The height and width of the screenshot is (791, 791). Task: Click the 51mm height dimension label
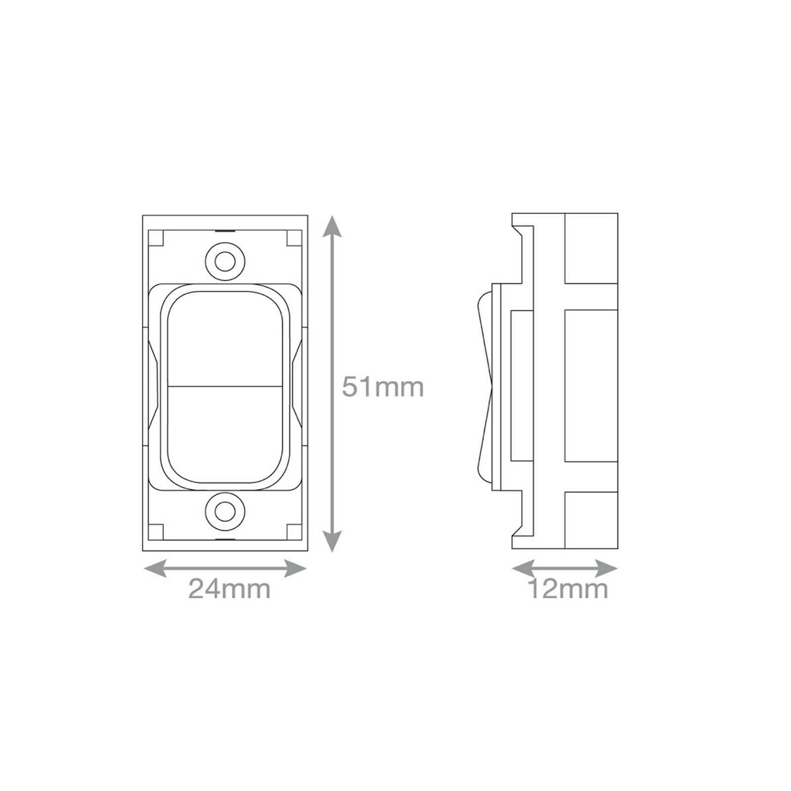point(383,388)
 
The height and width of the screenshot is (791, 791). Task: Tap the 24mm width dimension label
point(230,589)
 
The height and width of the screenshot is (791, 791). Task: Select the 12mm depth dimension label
point(568,589)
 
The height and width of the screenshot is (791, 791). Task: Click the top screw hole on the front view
point(225,261)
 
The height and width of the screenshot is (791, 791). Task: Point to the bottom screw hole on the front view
point(225,511)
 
